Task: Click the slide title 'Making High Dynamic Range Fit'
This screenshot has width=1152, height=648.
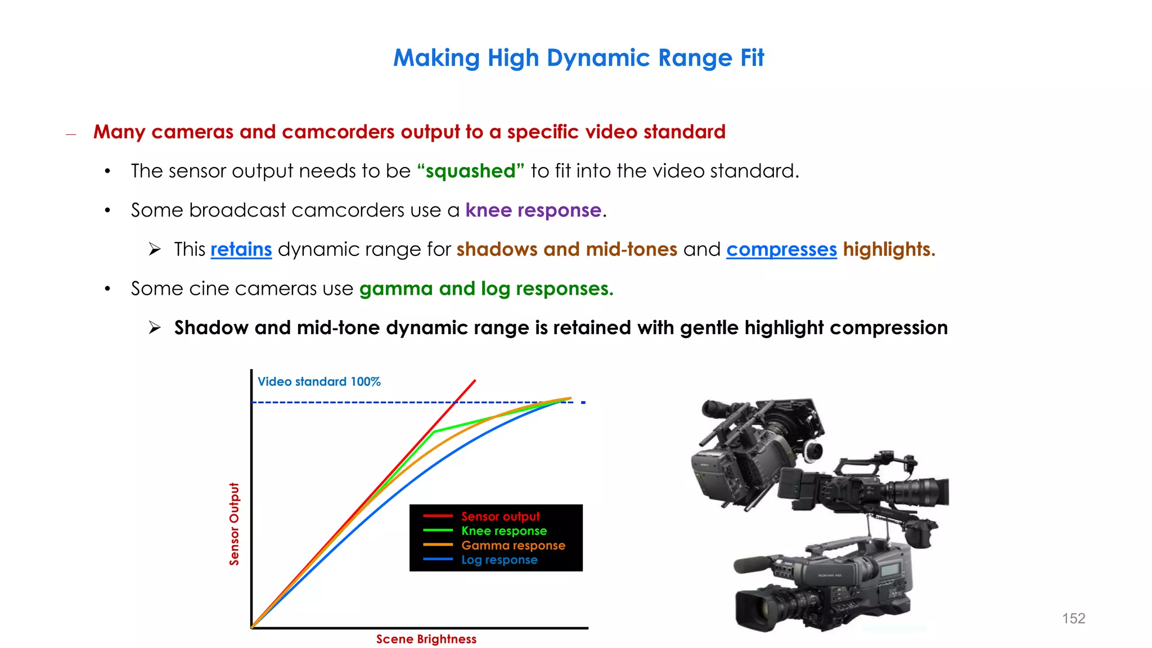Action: click(x=578, y=58)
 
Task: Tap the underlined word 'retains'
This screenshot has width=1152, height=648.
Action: click(x=241, y=249)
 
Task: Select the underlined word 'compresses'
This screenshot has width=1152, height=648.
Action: click(x=781, y=249)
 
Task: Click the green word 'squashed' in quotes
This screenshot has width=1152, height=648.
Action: click(x=470, y=171)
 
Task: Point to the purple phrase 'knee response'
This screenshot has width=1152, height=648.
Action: click(x=533, y=210)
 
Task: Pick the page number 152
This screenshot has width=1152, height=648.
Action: click(x=1073, y=618)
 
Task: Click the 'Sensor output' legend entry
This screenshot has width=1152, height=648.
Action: click(x=500, y=516)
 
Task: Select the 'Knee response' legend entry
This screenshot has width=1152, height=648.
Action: click(x=503, y=531)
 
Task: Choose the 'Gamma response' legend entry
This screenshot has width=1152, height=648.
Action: click(x=513, y=545)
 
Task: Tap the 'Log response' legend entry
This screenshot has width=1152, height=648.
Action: click(x=499, y=560)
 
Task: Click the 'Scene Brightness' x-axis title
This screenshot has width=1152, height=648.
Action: click(x=426, y=639)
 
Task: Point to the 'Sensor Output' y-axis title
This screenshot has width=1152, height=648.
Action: click(x=234, y=524)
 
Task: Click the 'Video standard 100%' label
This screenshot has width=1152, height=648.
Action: click(x=319, y=381)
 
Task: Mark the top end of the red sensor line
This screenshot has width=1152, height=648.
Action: click(x=475, y=381)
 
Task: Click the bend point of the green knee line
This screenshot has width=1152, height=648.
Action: click(x=434, y=431)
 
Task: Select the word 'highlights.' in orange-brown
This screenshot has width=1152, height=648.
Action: click(x=889, y=249)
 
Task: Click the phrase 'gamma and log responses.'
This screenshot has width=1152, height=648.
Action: click(x=486, y=289)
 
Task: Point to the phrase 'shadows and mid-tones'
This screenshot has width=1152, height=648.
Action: click(x=566, y=249)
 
